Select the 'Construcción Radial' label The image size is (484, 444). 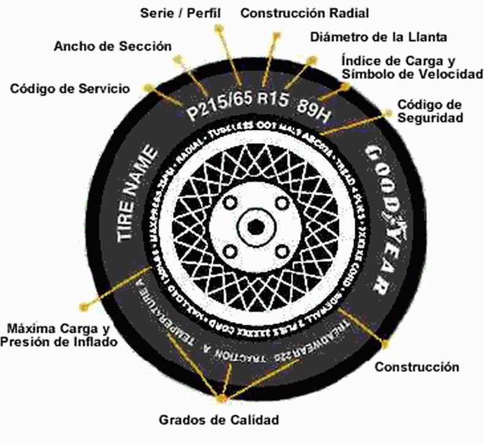pyautogui.click(x=304, y=12)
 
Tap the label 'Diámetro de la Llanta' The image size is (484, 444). pyautogui.click(x=379, y=36)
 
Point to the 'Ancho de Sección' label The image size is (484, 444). pyautogui.click(x=113, y=46)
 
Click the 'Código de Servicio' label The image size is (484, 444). pyautogui.click(x=70, y=88)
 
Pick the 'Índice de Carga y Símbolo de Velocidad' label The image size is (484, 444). pyautogui.click(x=412, y=67)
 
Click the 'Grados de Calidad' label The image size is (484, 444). pyautogui.click(x=219, y=420)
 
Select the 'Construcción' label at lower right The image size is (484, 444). pyautogui.click(x=417, y=367)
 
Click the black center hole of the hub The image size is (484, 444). pyautogui.click(x=256, y=225)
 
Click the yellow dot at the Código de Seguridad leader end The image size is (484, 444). pyautogui.click(x=388, y=112)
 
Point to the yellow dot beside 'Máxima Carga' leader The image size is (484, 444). pyautogui.click(x=92, y=302)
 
